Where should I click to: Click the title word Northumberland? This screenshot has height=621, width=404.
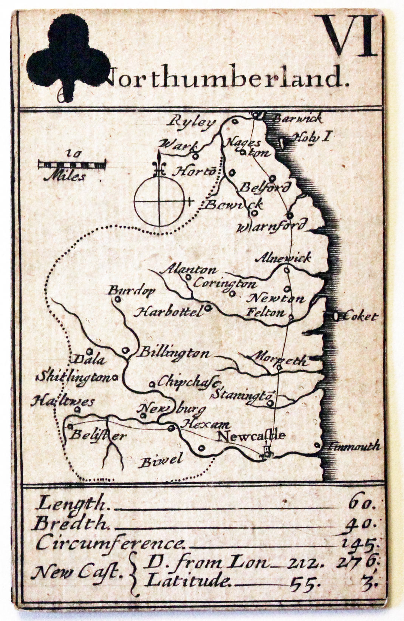click(227, 77)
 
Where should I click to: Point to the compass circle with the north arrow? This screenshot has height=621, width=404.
click(159, 202)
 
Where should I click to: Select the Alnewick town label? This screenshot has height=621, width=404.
click(283, 258)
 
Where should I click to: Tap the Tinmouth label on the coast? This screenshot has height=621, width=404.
click(353, 446)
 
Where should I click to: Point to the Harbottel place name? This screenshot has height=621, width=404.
click(169, 312)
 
